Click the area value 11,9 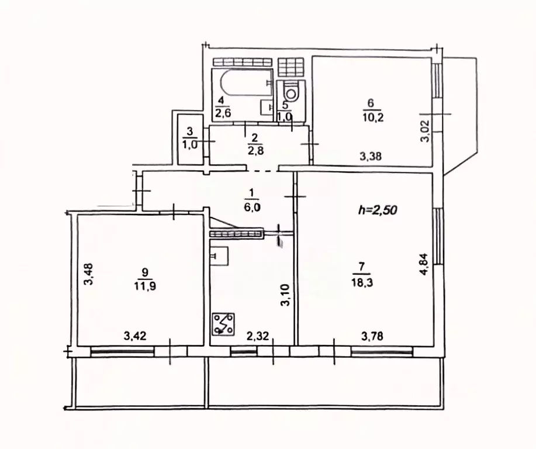146,286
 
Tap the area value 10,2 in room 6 370,114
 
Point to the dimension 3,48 88,274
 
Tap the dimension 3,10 285,295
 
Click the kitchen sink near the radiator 219,255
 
